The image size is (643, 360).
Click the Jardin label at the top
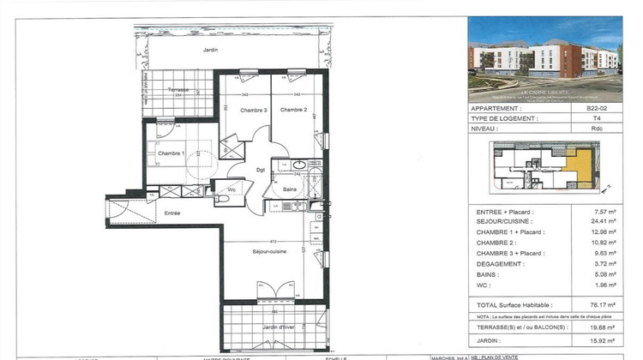(210, 51)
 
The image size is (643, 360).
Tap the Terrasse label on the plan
(178, 90)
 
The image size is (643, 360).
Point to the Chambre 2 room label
(293, 110)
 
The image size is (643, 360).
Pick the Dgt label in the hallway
(261, 170)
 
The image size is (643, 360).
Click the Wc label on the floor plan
(231, 189)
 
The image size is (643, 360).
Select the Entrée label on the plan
(172, 213)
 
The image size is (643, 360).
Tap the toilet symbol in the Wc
(221, 199)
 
